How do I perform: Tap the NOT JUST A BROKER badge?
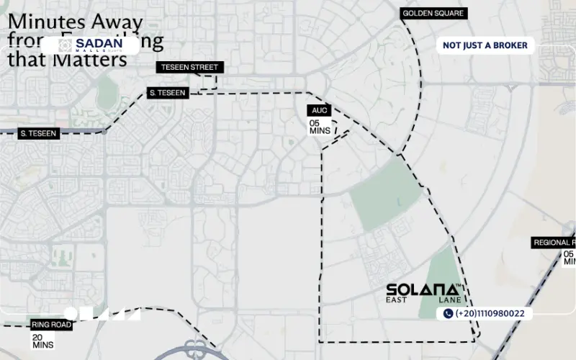pos(485,45)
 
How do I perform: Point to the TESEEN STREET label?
pos(189,68)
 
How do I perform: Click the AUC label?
pos(319,110)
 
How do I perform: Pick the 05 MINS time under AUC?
pos(319,127)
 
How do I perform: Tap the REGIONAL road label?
pos(554,243)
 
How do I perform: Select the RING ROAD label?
pos(50,325)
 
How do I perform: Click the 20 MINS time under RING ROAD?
pos(42,341)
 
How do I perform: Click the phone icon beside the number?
pos(448,313)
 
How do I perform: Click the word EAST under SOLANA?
pos(397,300)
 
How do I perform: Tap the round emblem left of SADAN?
pos(63,44)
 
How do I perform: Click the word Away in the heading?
pos(127,21)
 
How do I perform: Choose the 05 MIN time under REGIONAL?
pos(569,257)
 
